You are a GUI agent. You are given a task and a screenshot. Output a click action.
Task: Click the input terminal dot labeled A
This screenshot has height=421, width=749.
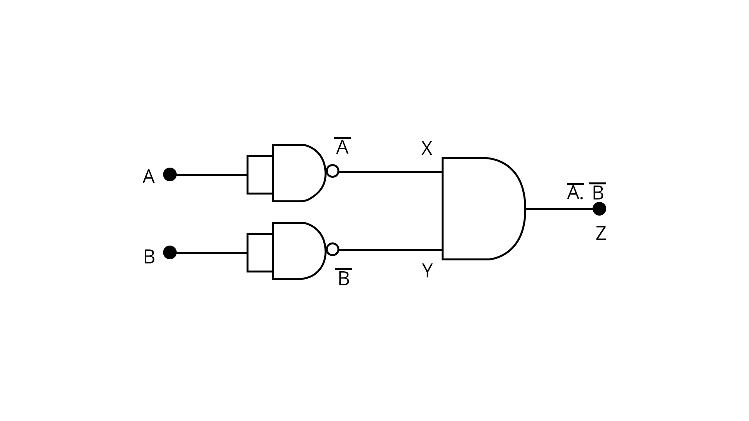coord(170,174)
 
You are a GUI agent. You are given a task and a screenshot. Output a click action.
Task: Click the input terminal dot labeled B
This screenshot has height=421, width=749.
coord(170,252)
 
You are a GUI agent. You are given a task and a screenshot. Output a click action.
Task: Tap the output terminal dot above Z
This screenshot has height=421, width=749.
coord(599,209)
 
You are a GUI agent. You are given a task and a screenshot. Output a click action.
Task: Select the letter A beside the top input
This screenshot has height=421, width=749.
coord(148,177)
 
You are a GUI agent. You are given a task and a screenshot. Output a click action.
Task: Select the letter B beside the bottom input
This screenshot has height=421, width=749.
coord(149,257)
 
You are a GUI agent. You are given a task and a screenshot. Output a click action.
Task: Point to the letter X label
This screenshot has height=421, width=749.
coord(427,149)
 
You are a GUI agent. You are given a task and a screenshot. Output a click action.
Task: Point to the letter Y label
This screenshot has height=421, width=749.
coord(428,271)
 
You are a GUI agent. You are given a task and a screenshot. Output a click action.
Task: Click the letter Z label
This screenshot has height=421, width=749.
coord(601,233)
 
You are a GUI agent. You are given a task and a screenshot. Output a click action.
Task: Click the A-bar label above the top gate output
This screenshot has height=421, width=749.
coord(342,147)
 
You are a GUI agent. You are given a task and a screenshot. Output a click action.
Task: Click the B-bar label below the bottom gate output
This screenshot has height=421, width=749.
coord(344,278)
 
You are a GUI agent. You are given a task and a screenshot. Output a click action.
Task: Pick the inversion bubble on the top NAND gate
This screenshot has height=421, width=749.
coord(332,171)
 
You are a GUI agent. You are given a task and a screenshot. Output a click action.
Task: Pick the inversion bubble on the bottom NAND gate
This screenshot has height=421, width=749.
coord(332,249)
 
